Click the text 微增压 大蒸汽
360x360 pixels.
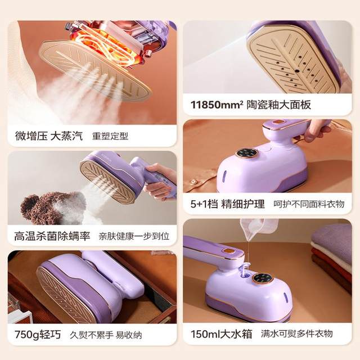coord(48,136)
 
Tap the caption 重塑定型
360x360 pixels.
coord(111,136)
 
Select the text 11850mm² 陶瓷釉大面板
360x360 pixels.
coord(250,105)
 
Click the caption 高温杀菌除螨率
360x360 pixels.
coord(52,235)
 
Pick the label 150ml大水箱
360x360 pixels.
coord(220,333)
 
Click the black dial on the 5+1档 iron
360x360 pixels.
coord(246,152)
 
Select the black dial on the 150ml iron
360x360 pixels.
coord(263,277)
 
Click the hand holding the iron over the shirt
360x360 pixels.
coord(318,128)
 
